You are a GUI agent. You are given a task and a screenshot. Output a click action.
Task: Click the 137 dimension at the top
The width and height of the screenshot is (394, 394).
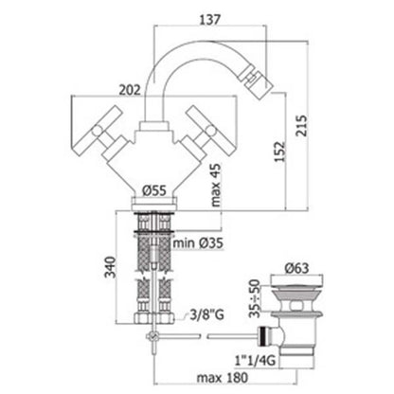click(x=209, y=20)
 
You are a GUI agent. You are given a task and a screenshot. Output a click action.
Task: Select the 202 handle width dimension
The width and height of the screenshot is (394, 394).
click(x=130, y=90)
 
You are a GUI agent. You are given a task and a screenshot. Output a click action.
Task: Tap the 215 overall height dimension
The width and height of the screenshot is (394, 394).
click(x=301, y=125)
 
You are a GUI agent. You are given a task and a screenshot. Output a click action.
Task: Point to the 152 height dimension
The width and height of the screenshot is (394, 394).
click(x=279, y=152)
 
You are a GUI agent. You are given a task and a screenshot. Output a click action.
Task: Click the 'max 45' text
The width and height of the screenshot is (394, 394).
click(x=216, y=185)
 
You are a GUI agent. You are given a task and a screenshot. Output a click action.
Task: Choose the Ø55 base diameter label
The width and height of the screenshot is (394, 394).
click(x=153, y=190)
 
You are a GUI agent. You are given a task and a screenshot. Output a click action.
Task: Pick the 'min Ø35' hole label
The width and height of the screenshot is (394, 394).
click(x=198, y=243)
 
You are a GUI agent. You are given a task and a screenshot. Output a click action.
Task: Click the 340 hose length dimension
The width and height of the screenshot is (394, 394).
click(x=111, y=267)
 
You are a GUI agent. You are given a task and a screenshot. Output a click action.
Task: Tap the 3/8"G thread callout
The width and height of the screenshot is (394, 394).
click(x=206, y=314)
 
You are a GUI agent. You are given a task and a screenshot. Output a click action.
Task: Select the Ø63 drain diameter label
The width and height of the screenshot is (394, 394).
click(x=296, y=268)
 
